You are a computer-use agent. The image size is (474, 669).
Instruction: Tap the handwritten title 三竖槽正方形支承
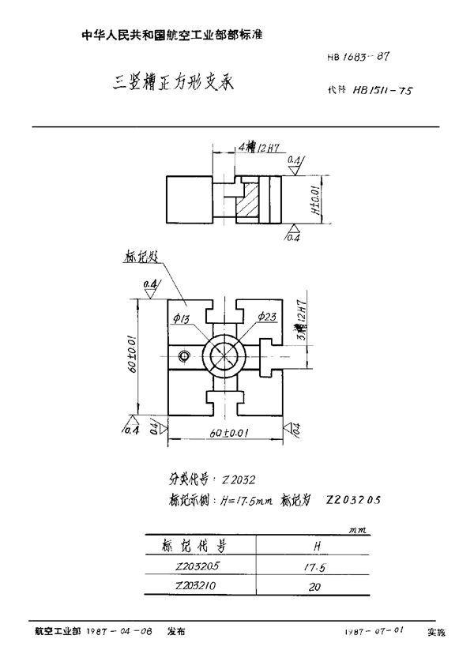click(169, 81)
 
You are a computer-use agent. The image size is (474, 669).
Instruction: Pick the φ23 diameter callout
click(266, 317)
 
